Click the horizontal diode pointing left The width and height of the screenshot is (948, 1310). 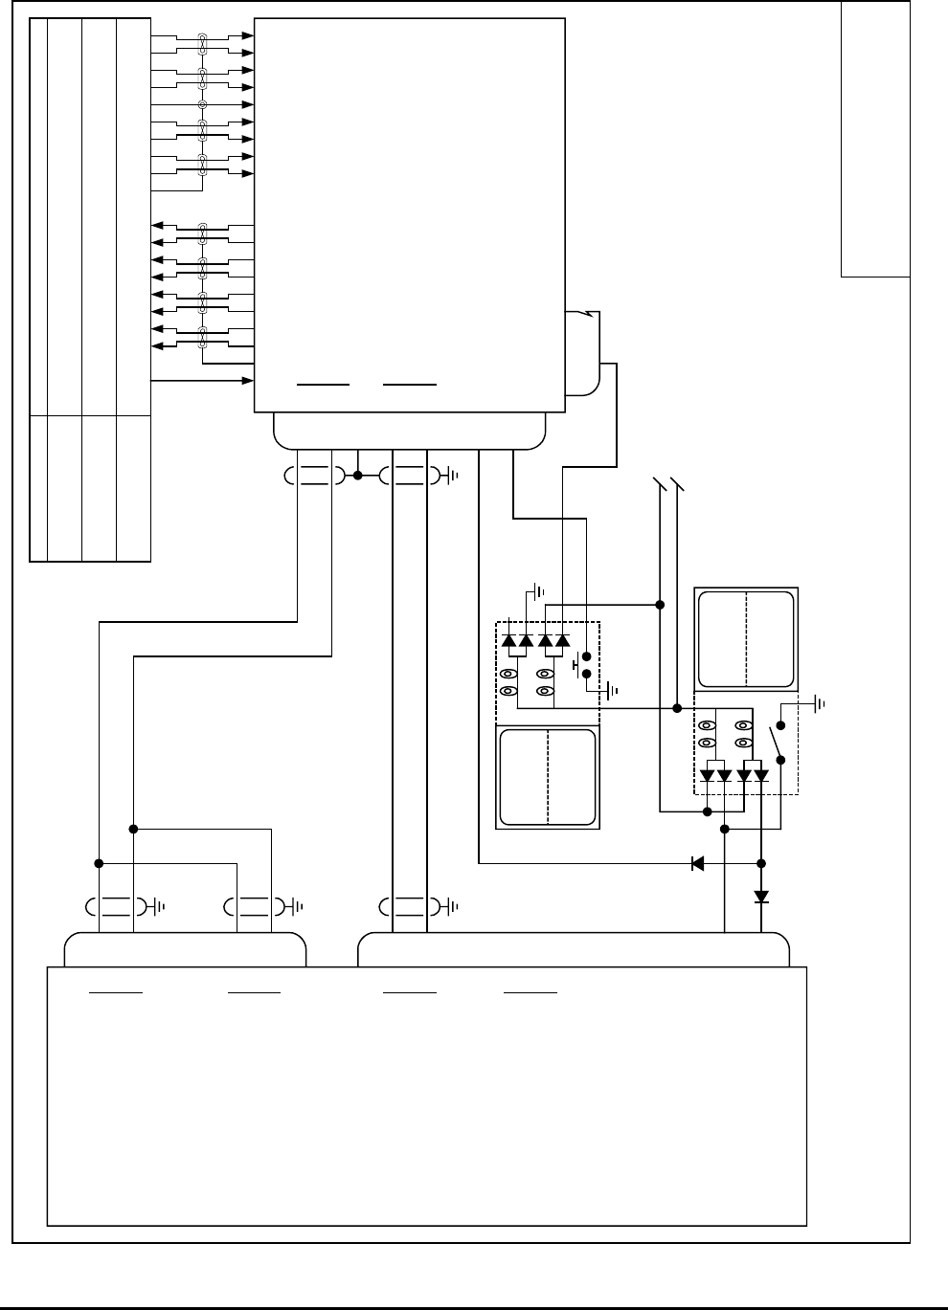click(x=697, y=863)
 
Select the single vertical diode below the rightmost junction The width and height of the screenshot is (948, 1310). click(x=761, y=898)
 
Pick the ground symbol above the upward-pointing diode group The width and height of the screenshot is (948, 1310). click(x=538, y=591)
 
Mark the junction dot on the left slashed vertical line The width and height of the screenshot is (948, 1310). click(x=660, y=604)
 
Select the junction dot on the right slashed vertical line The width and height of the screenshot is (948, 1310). click(x=677, y=708)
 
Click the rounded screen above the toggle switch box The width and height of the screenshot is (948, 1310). click(x=747, y=639)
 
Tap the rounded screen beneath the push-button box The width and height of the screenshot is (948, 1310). click(x=548, y=777)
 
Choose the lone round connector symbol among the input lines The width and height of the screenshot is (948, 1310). click(x=202, y=104)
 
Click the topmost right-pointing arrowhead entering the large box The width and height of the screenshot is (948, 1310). click(x=248, y=35)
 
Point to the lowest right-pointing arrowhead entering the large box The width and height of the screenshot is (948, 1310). click(x=248, y=381)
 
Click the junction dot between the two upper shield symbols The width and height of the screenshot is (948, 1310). click(x=357, y=475)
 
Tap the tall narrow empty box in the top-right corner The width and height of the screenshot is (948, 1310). click(x=874, y=139)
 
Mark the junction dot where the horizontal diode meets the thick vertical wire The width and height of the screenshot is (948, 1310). click(x=761, y=863)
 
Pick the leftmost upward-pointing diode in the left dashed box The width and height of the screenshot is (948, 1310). click(x=508, y=639)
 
